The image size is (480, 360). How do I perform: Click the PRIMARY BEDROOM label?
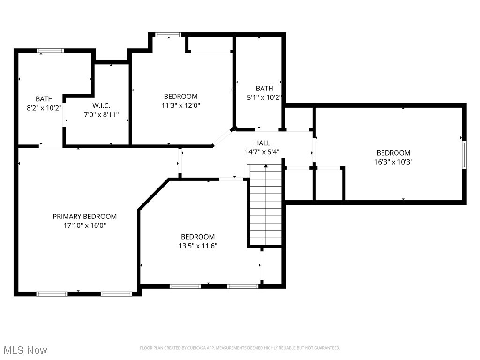(x=84, y=216)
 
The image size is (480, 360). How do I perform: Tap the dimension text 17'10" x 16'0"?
(x=84, y=225)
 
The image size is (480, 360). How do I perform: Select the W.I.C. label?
(x=101, y=106)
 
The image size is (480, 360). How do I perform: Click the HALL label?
(x=262, y=142)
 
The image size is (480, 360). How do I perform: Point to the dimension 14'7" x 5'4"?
(x=262, y=151)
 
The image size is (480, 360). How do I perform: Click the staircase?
(x=265, y=206)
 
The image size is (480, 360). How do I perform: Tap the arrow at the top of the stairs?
(x=266, y=166)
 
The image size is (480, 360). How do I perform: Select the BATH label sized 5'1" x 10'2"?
(x=264, y=88)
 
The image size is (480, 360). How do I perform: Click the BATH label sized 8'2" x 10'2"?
(x=45, y=98)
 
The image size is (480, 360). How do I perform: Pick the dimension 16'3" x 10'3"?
(x=393, y=162)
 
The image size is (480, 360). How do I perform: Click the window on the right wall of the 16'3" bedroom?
(x=464, y=155)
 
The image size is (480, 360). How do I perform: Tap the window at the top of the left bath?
(x=51, y=51)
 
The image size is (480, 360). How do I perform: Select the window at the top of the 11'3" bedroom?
(x=168, y=35)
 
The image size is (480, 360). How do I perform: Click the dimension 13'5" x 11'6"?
(x=198, y=246)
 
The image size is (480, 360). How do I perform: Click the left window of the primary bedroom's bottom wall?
(x=52, y=294)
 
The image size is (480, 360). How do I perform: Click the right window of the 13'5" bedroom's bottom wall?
(x=242, y=286)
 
